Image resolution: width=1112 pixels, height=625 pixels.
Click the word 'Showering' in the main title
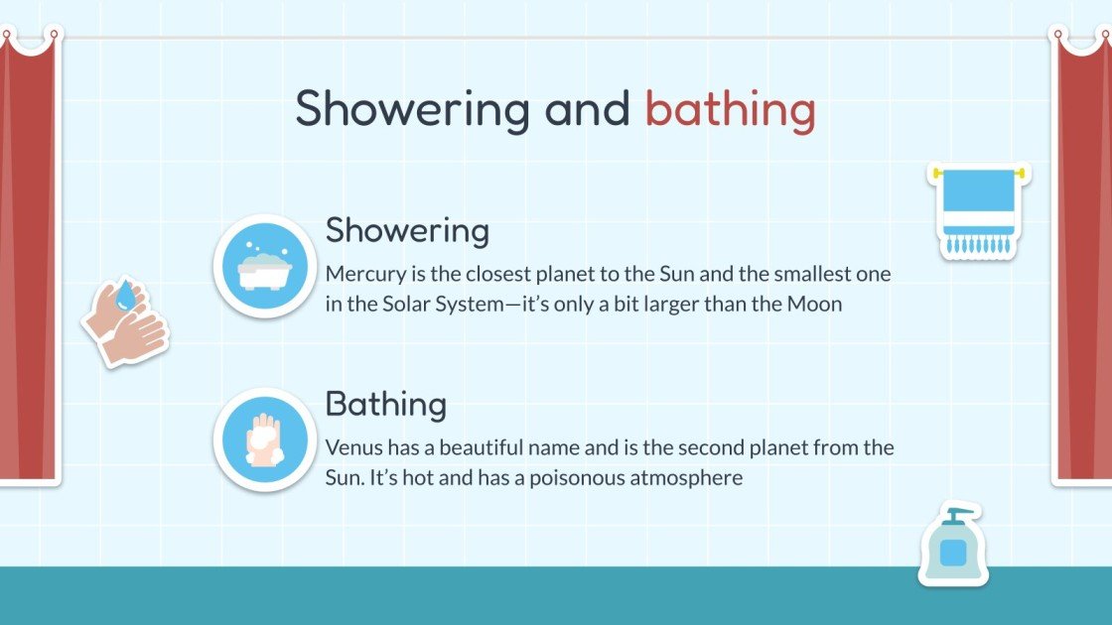tap(412, 108)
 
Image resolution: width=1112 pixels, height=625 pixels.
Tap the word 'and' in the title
tap(587, 108)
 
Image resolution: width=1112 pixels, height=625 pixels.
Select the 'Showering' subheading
tap(407, 231)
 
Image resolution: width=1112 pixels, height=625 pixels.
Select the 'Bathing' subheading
tap(385, 405)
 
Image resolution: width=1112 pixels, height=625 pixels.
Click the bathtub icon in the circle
tap(264, 266)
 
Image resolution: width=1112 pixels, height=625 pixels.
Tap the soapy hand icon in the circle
tap(264, 439)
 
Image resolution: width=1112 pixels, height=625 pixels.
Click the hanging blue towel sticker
tap(978, 211)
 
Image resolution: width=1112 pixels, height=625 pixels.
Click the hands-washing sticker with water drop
tap(126, 321)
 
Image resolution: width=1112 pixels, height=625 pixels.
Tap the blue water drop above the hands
tap(125, 296)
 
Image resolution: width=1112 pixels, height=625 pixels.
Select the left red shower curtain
tap(28, 258)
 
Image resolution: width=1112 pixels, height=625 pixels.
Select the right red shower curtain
tap(1082, 258)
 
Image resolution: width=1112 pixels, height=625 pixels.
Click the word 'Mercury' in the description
tap(359, 275)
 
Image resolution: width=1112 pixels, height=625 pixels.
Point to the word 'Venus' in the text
tap(350, 448)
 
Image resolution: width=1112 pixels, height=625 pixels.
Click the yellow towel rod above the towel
tap(978, 174)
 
